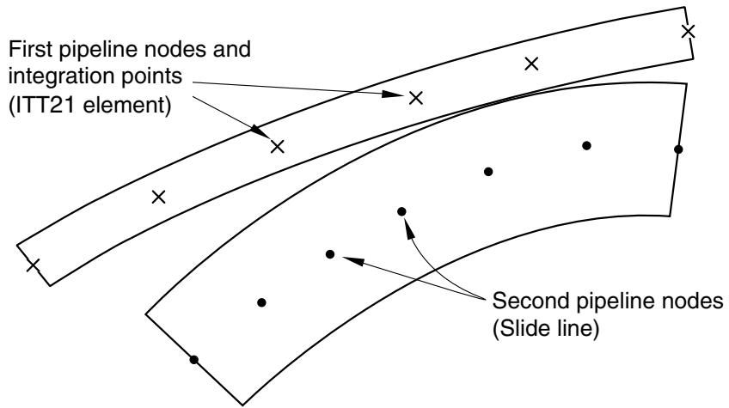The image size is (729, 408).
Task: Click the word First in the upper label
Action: click(x=31, y=49)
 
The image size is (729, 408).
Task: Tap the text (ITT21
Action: click(x=44, y=105)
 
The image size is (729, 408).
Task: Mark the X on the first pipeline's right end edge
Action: click(x=688, y=32)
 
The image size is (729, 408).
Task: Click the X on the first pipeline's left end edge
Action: click(x=33, y=265)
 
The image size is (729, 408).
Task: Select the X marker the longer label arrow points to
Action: click(x=415, y=98)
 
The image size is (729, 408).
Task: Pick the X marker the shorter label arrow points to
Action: click(x=277, y=147)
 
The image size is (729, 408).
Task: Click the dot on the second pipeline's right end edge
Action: click(x=678, y=149)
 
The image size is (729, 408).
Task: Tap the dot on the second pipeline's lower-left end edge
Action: click(x=194, y=360)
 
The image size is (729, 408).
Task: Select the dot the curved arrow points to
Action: click(x=401, y=212)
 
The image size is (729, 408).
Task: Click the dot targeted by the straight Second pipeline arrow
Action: click(x=330, y=254)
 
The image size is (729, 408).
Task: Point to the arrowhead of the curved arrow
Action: click(x=409, y=229)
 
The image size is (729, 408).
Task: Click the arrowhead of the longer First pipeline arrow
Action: click(x=392, y=94)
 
